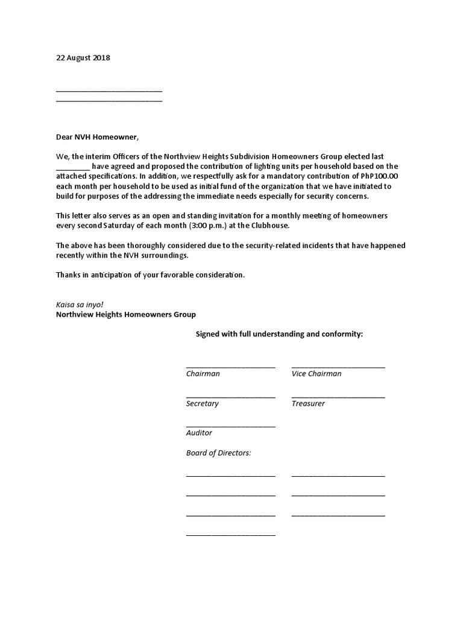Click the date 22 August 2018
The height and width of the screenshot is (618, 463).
click(83, 58)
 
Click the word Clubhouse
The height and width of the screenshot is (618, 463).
click(268, 226)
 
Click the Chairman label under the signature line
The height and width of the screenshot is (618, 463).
click(203, 374)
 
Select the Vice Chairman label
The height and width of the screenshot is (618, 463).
click(317, 374)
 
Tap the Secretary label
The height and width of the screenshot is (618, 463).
click(203, 404)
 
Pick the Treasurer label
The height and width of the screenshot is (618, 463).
click(308, 404)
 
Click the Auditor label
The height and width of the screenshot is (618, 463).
click(199, 433)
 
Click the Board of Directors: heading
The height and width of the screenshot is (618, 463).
click(219, 453)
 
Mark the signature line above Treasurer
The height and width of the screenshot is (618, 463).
click(338, 397)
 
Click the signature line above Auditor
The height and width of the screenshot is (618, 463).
click(231, 426)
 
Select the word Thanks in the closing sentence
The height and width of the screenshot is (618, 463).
click(68, 275)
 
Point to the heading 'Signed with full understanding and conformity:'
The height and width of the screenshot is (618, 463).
click(280, 334)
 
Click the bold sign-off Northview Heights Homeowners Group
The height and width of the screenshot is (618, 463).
click(126, 315)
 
